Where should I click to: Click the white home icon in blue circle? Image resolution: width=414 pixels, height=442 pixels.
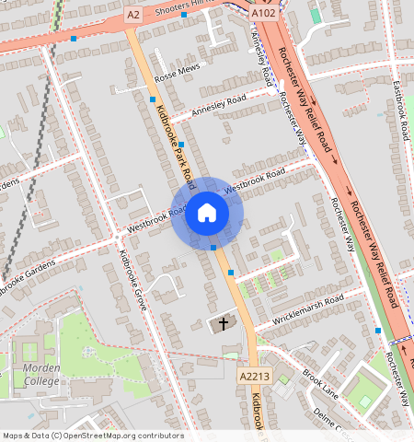click(207, 214)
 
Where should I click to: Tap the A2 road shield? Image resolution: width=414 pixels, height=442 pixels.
click(133, 15)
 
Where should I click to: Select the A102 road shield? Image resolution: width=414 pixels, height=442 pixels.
click(263, 14)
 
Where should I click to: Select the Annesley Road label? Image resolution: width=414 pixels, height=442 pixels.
click(219, 106)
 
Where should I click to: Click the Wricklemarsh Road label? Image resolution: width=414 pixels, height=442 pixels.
click(306, 309)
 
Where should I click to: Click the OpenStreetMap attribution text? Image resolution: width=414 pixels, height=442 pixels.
click(93, 436)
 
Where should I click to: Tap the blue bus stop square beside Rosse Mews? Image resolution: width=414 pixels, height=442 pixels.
click(153, 99)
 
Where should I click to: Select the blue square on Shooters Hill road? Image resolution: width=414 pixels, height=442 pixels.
click(184, 15)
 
